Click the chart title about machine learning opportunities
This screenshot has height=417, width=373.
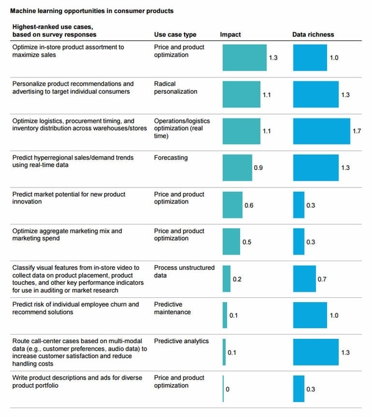click(93, 11)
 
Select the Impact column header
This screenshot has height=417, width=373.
click(231, 35)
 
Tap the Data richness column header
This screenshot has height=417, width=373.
click(313, 35)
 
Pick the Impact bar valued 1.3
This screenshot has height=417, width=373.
click(244, 58)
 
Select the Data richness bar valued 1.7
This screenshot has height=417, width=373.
click(321, 131)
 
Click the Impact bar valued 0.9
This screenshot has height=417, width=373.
click(237, 168)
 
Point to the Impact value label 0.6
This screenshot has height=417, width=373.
click(249, 205)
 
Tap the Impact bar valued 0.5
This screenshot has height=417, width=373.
click(231, 241)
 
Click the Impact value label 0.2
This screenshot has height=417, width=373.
click(237, 279)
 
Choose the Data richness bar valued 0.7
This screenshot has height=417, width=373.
click(305, 278)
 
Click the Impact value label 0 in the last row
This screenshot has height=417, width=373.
click(228, 389)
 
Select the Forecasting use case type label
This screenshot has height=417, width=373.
click(170, 158)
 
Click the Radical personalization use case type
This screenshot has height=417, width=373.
click(176, 87)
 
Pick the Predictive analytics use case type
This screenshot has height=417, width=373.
click(182, 341)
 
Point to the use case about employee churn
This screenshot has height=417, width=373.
click(75, 308)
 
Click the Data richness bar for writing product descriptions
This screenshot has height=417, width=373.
click(299, 388)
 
